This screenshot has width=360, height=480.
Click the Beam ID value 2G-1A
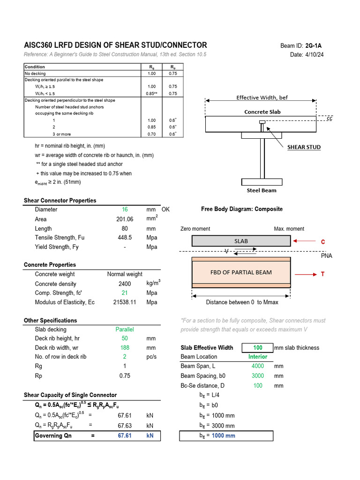[314, 45]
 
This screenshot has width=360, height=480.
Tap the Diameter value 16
[125, 210]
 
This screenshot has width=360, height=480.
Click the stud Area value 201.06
[125, 219]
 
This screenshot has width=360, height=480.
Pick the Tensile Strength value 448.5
[125, 238]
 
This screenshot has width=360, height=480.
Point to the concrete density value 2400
[125, 284]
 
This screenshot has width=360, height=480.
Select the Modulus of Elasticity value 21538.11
[125, 302]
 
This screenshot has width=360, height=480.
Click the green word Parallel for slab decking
[125, 330]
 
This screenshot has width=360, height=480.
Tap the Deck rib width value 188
[125, 348]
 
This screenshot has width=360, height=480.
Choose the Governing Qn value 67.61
[125, 435]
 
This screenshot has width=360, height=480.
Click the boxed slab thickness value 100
[257, 348]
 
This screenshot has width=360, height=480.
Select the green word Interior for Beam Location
[257, 357]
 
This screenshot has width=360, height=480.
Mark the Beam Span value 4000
[257, 366]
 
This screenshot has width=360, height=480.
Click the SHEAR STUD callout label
[304, 147]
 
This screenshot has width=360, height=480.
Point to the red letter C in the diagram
[322, 242]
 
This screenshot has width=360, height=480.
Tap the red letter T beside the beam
[322, 274]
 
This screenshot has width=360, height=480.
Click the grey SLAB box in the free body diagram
[241, 241]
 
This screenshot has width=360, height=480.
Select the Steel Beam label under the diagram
[262, 190]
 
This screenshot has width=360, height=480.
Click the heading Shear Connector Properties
[60, 201]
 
